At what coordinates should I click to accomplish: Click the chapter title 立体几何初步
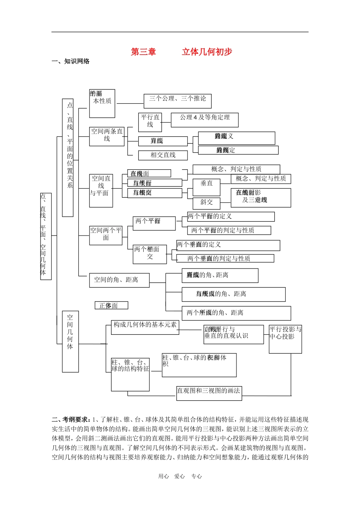pos(207,52)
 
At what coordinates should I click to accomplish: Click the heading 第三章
pos(143,52)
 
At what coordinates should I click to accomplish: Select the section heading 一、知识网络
pos(70,61)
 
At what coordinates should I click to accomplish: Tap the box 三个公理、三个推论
pos(177,101)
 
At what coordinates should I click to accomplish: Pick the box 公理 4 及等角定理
pos(205,120)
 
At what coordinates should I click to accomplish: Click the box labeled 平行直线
pos(150,122)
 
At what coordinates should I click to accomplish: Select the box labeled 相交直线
pos(163,155)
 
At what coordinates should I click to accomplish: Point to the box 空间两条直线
pos(107,136)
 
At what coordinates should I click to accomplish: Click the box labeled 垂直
pos(207,187)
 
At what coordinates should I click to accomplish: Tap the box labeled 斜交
pos(207,203)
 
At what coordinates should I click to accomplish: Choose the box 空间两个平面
pos(106,235)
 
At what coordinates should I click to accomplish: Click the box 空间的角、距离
pos(119,280)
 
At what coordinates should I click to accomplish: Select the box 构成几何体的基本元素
pos(145,328)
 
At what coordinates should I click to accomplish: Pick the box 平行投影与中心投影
pos(285,339)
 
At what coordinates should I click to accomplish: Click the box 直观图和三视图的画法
pos(209,393)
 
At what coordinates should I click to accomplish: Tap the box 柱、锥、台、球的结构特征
pos(130,374)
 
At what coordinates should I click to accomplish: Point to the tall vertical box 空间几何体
pos(70,341)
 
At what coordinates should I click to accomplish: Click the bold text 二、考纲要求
pos(71,420)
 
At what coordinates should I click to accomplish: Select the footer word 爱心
pos(180,476)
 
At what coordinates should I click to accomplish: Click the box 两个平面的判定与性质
pos(229,230)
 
